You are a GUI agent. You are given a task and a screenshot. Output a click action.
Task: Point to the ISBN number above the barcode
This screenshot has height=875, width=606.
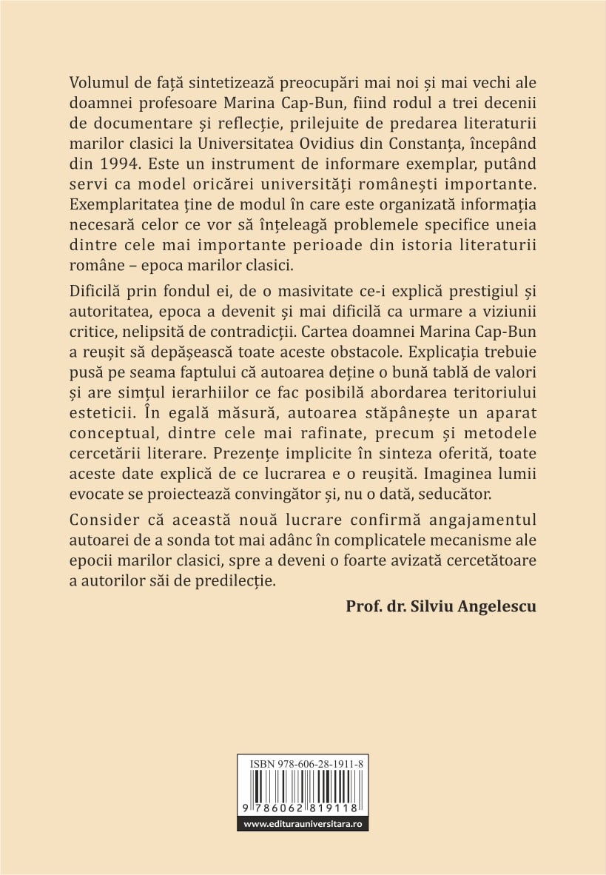click(303, 762)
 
